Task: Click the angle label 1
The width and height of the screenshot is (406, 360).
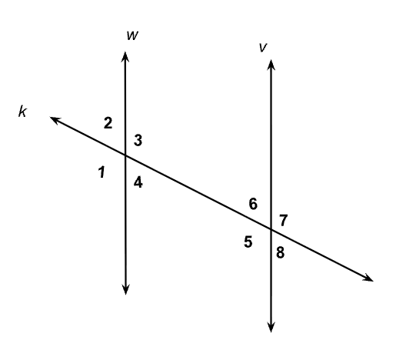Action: click(102, 172)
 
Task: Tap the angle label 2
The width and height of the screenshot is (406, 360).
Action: click(108, 123)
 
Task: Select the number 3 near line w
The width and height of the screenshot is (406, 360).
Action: click(138, 140)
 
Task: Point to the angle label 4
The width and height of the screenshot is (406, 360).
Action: click(138, 182)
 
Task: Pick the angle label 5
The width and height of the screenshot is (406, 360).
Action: click(248, 242)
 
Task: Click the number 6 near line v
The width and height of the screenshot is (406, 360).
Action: click(253, 204)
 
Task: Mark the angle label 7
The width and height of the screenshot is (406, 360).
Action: click(283, 221)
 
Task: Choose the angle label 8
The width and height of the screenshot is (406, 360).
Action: click(281, 252)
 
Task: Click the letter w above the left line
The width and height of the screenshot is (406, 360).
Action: click(132, 35)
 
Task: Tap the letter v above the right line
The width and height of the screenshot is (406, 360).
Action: click(263, 48)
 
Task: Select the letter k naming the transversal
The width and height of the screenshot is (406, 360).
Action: click(22, 112)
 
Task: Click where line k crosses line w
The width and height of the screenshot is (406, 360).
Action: click(125, 155)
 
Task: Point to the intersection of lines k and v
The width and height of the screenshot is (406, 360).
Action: click(271, 229)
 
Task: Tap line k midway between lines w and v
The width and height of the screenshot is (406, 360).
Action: click(198, 192)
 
